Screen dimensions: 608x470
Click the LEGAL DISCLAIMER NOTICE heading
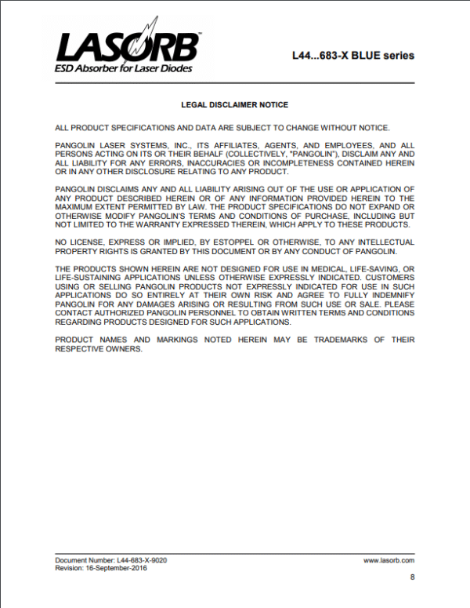pyautogui.click(x=235, y=104)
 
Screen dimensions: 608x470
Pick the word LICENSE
pyautogui.click(x=89, y=242)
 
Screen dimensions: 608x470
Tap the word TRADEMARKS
pyautogui.click(x=327, y=340)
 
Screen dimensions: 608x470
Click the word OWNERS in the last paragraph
pyautogui.click(x=123, y=348)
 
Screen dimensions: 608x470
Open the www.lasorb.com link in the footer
pyautogui.click(x=389, y=561)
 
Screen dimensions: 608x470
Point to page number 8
pyautogui.click(x=412, y=578)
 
